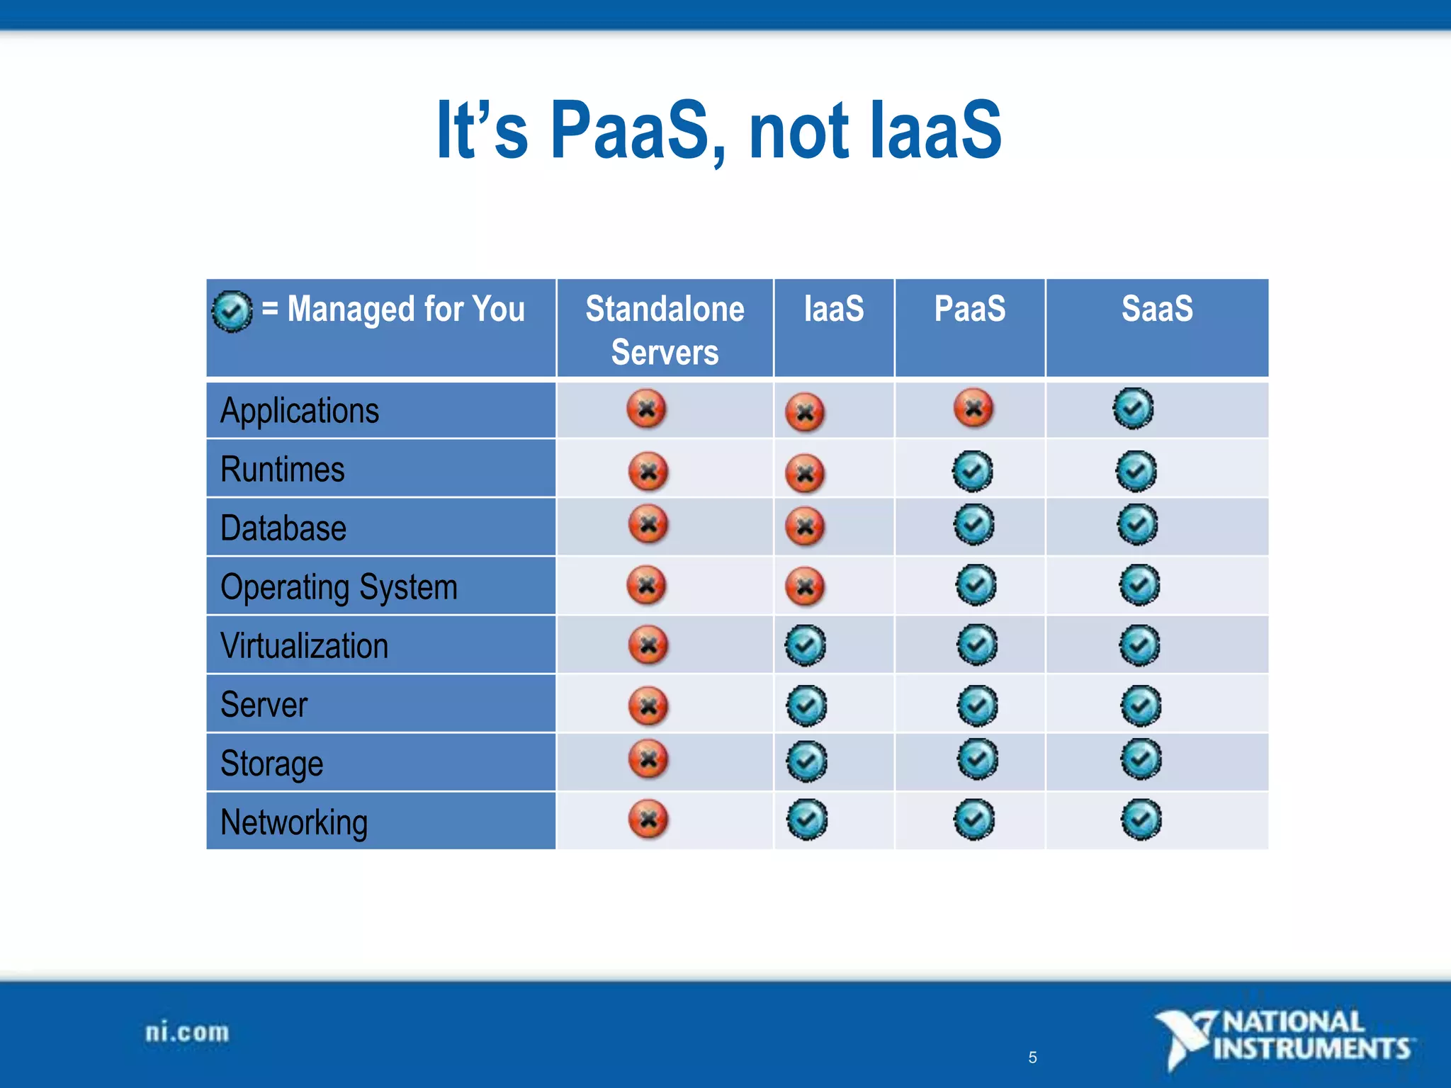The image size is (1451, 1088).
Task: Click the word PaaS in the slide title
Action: [629, 131]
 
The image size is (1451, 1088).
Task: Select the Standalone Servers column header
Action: [665, 329]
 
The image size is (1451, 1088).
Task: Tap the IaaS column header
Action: [834, 310]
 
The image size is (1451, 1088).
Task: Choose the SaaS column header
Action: [1156, 310]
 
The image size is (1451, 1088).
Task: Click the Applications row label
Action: [300, 412]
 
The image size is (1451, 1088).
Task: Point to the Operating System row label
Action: [339, 587]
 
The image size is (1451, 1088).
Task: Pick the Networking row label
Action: [294, 822]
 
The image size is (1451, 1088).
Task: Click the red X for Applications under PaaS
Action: [973, 409]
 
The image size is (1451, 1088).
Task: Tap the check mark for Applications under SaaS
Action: [1133, 409]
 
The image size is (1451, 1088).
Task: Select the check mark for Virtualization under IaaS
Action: [806, 645]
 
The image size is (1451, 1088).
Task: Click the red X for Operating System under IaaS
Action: [805, 586]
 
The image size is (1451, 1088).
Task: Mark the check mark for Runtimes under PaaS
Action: [972, 471]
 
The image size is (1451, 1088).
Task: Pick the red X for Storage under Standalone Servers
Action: [648, 759]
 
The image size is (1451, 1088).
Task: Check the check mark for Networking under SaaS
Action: [1141, 820]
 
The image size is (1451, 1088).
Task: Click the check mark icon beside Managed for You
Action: [232, 311]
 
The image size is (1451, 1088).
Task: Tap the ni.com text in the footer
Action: [187, 1032]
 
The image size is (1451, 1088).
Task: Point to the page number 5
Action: [1032, 1058]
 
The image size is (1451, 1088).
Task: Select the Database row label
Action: [283, 528]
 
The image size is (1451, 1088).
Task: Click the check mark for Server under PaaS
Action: [977, 705]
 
